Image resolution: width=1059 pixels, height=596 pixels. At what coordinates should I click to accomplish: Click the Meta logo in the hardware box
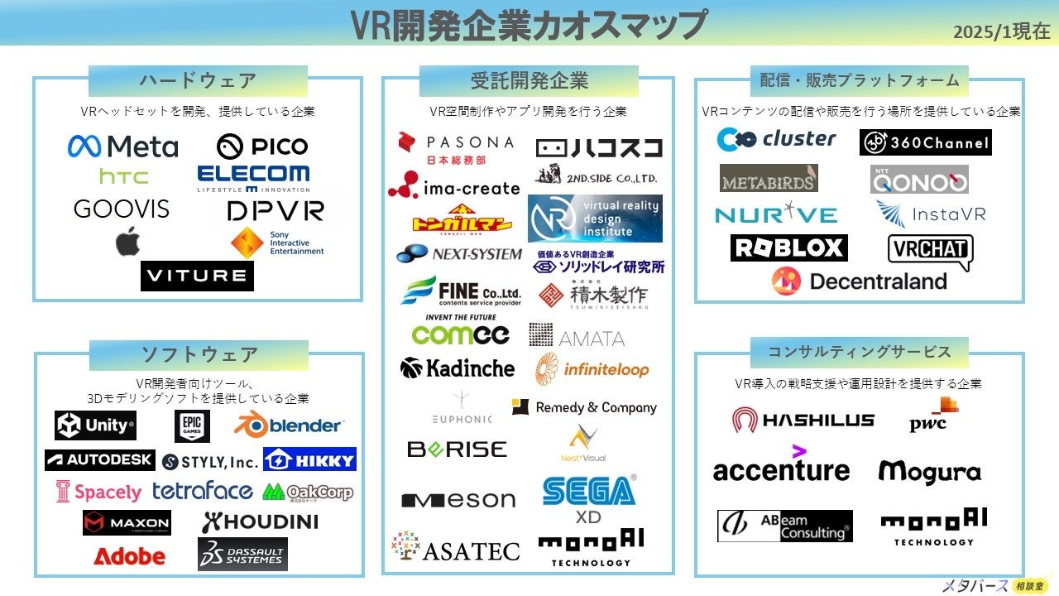point(122,147)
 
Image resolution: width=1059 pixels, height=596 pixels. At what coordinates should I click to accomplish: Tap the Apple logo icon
point(127,242)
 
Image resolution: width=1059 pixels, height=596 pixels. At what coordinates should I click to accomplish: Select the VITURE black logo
point(197,276)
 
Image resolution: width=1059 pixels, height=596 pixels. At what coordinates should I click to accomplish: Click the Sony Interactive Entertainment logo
point(276,243)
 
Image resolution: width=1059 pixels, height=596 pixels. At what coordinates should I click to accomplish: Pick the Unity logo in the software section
point(95,425)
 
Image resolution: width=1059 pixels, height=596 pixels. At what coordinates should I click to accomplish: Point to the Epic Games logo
point(192,425)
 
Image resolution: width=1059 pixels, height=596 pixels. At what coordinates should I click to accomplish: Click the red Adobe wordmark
point(129,556)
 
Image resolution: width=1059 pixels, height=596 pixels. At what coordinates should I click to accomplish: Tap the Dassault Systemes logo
point(242,554)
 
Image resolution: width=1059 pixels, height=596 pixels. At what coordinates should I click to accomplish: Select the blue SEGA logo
point(589,490)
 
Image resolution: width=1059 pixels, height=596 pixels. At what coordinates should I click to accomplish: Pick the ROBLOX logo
point(788,248)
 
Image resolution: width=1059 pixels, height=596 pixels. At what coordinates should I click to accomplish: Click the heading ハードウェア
point(198,81)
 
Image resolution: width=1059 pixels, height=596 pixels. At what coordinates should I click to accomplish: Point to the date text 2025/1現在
point(1001,32)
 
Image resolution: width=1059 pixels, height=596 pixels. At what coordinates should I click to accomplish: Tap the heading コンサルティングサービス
point(860,351)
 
